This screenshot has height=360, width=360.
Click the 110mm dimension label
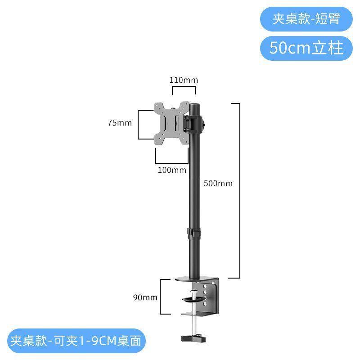coord(184,80)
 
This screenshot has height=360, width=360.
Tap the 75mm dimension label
coord(120,123)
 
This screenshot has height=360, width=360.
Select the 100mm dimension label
coord(172,170)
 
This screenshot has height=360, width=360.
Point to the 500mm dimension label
coord(218,183)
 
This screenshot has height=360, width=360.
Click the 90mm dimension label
coord(145,297)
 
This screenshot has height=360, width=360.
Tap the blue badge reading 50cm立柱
coord(306,48)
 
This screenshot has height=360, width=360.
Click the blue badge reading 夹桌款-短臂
coord(306,19)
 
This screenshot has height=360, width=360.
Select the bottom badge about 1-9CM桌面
coord(76,341)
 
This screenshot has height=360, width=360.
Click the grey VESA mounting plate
coord(172,123)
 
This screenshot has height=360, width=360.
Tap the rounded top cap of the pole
coord(195,106)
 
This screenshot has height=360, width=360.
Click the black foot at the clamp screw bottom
coord(193,338)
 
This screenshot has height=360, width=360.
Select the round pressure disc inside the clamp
coord(193,299)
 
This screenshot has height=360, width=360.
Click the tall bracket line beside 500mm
coord(240,190)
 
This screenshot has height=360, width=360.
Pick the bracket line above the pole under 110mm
coord(184,87)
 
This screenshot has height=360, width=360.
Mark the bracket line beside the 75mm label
coord(138,125)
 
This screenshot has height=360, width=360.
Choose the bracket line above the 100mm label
coord(172,163)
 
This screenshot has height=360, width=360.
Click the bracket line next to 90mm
coord(160,297)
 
